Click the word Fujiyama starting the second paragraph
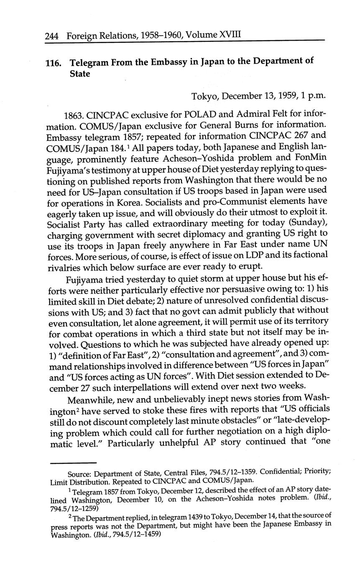tap(84, 279)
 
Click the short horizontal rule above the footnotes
tap(73, 462)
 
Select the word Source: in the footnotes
tap(79, 474)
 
